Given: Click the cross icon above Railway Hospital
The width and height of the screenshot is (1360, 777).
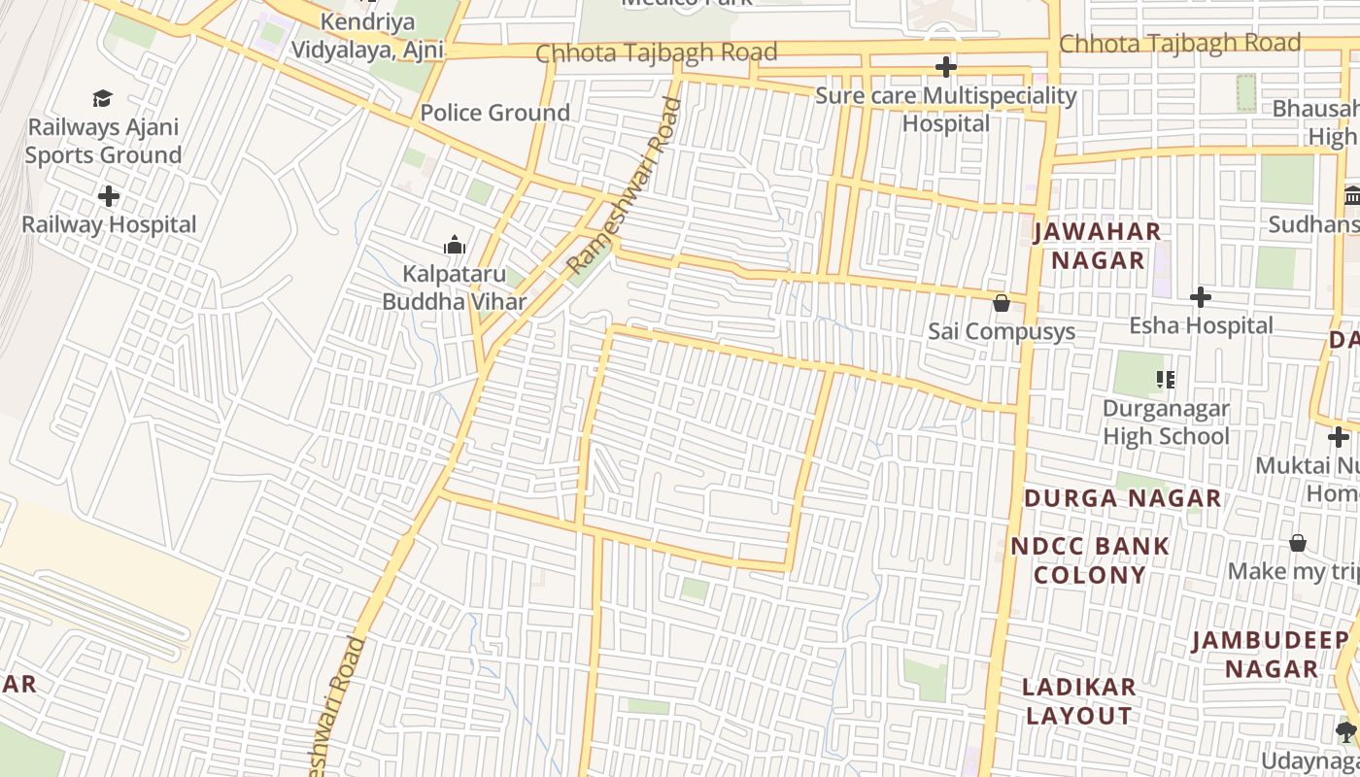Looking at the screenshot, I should pos(109,196).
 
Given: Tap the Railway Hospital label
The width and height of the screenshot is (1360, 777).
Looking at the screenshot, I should pos(109,224).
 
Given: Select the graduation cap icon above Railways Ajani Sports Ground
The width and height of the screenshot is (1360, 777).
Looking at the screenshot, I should pos(102,98).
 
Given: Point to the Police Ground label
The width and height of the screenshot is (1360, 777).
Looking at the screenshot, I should pos(494,113).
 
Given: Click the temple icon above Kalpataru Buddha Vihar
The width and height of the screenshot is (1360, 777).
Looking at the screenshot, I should pos(454,246).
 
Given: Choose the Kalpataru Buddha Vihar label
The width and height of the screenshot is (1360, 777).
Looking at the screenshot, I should pos(454,287).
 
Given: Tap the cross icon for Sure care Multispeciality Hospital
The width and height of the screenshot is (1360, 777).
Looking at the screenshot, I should pos(945,67).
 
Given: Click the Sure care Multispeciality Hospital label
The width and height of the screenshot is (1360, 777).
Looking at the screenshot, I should pos(945,110).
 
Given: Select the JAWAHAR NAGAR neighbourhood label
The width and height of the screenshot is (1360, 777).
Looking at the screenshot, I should pos(1098,246).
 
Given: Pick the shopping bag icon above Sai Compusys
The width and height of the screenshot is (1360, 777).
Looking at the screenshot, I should pos(1002,304).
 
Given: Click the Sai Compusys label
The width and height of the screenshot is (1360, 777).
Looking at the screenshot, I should pos(1002,331).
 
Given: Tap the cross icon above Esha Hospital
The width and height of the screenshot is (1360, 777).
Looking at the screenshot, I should pos(1201,297).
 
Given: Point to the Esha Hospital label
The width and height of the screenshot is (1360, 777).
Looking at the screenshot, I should pos(1201,325).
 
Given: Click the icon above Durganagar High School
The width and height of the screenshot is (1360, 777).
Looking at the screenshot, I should pos(1165,379).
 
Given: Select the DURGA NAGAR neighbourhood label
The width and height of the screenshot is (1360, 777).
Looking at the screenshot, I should pos(1122,498).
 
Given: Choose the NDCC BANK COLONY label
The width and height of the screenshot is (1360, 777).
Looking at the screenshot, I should pos(1090,559).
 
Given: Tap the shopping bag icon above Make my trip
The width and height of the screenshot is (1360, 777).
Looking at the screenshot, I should pos(1298,543).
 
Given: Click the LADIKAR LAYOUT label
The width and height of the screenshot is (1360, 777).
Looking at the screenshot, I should pos(1079,700).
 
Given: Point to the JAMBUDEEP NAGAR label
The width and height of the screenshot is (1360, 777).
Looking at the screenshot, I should pos(1271,654).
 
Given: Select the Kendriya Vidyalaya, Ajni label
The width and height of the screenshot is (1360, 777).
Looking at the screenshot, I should pos(367,36).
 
